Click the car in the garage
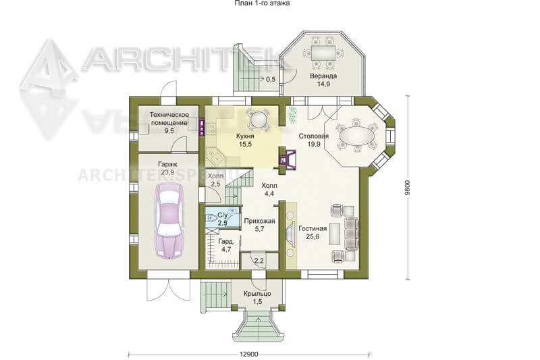[169, 220]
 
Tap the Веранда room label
[323, 76]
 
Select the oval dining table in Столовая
[357, 135]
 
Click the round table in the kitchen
[259, 120]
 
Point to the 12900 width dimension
[248, 354]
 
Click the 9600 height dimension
[408, 188]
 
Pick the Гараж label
[167, 164]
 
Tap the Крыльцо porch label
[257, 294]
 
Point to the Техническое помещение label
[169, 118]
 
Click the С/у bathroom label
[223, 215]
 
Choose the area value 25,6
[313, 236]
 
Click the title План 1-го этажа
[262, 3]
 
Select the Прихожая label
[259, 221]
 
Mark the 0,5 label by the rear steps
[271, 79]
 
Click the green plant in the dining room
[292, 115]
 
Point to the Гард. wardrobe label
[226, 242]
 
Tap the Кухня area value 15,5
[245, 145]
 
